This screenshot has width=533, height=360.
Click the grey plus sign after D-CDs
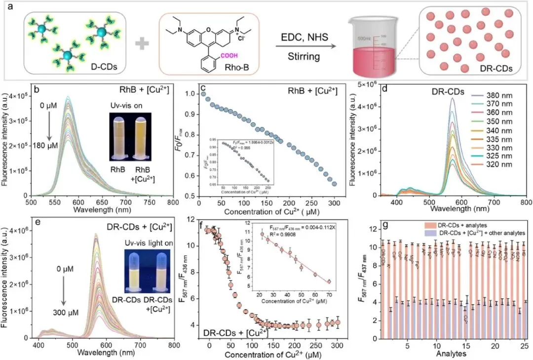pyautogui.click(x=142, y=43)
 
